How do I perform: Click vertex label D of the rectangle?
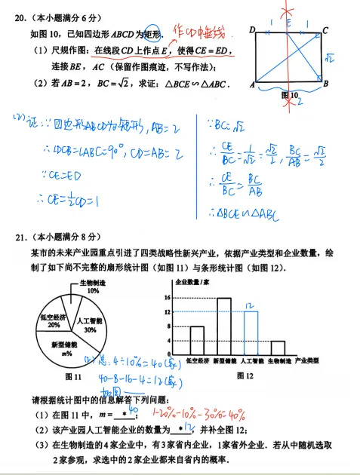coord(251,29)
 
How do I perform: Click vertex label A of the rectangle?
coord(251,84)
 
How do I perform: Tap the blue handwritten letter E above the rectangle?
coord(288,22)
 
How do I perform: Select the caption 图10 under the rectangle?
coord(289,95)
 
